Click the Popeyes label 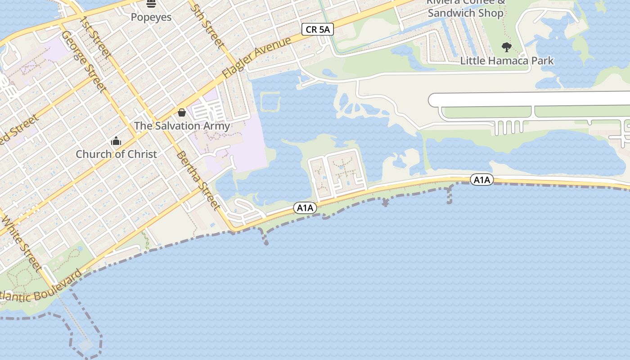(x=151, y=17)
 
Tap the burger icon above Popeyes (x=151, y=4)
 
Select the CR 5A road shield (x=318, y=30)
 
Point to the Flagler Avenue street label (x=257, y=58)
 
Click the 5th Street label (x=207, y=26)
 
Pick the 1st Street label (x=95, y=37)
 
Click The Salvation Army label (x=182, y=126)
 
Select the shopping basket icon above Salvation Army (x=182, y=112)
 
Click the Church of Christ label (x=116, y=154)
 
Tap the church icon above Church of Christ (x=116, y=141)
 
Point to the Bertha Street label (x=198, y=180)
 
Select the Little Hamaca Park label (x=507, y=61)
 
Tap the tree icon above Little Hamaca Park (x=507, y=47)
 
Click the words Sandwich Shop (x=465, y=13)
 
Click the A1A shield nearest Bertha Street (x=305, y=208)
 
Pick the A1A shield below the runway (x=482, y=180)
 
